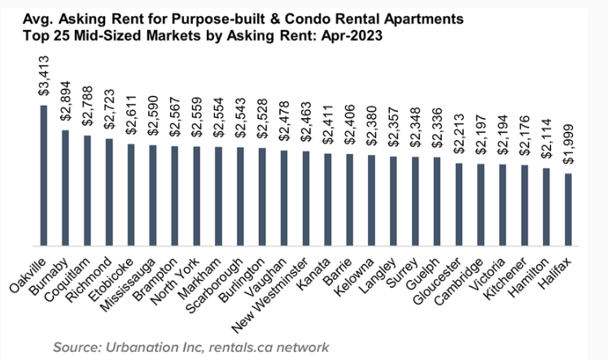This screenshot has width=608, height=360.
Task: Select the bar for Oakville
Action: click(43, 175)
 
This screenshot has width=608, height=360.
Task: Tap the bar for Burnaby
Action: click(65, 187)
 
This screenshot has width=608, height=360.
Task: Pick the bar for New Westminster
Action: click(305, 198)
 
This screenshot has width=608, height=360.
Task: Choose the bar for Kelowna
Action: click(370, 200)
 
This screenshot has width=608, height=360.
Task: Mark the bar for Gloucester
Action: click(457, 204)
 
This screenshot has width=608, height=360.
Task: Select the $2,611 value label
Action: click(131, 117)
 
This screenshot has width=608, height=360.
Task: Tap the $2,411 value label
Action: click(327, 127)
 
